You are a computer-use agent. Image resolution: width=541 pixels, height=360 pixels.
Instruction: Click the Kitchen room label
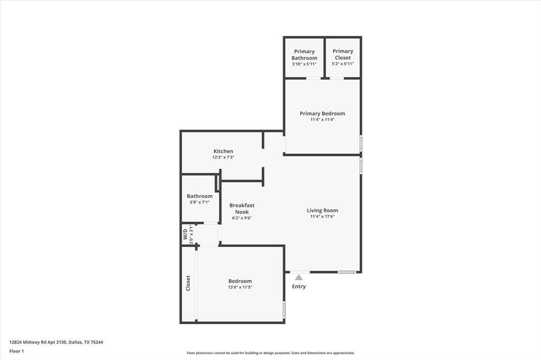click(x=223, y=151)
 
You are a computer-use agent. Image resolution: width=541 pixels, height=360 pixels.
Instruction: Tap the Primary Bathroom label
click(x=304, y=54)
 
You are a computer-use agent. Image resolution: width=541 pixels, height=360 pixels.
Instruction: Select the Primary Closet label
click(x=343, y=54)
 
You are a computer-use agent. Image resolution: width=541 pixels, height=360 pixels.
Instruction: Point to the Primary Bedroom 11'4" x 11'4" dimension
click(x=322, y=120)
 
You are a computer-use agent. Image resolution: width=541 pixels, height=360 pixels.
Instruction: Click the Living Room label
click(x=323, y=210)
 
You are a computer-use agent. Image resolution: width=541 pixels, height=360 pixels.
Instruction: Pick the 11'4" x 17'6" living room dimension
click(x=323, y=216)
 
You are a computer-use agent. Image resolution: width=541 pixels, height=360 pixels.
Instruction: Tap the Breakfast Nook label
click(x=242, y=209)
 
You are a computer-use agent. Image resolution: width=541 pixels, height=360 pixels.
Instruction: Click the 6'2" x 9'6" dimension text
click(x=242, y=218)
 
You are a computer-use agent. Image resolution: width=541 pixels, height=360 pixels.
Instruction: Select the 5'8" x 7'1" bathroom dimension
click(x=200, y=202)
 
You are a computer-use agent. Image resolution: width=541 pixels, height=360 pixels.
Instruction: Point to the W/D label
click(x=185, y=234)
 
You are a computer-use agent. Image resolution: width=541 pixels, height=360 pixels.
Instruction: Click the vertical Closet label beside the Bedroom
click(x=188, y=283)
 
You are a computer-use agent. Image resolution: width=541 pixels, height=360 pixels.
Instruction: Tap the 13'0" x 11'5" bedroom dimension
click(x=240, y=287)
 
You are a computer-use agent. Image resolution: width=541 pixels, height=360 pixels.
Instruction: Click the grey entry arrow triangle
click(x=299, y=277)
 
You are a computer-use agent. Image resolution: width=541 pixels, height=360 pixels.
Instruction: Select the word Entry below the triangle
click(x=299, y=287)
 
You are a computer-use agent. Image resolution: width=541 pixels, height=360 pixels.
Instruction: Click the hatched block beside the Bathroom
click(x=218, y=183)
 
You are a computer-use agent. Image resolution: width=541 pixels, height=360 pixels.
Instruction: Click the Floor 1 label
click(x=16, y=352)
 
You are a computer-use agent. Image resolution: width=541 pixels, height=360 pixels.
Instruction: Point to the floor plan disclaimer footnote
click(x=271, y=353)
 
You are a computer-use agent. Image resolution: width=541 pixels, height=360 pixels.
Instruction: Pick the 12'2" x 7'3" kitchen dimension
click(x=223, y=157)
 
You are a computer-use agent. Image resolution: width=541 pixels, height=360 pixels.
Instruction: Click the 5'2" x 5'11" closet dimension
click(x=343, y=64)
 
